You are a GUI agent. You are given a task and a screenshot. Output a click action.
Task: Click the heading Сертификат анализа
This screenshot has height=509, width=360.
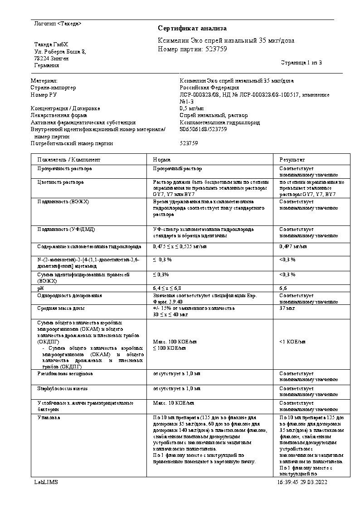(x=192, y=29)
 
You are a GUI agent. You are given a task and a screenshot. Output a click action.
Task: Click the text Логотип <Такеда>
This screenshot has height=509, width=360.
(x=58, y=23)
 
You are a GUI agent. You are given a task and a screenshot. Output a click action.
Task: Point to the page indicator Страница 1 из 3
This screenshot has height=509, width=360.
(x=301, y=62)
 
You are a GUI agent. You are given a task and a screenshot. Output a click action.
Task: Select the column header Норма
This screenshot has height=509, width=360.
(x=162, y=160)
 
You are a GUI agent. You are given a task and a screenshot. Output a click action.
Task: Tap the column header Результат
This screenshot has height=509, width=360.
(x=292, y=160)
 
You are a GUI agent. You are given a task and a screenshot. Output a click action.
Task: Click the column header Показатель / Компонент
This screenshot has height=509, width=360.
(x=69, y=160)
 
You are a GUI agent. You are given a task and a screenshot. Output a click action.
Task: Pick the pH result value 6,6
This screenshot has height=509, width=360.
(x=283, y=288)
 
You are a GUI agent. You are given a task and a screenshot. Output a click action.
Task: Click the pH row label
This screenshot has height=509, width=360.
(x=40, y=288)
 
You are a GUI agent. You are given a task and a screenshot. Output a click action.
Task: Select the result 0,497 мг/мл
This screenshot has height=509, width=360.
(x=293, y=246)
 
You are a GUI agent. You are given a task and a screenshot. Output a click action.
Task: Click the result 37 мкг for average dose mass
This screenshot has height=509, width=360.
(x=287, y=308)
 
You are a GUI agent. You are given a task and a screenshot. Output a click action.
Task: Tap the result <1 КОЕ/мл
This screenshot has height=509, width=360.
(x=292, y=342)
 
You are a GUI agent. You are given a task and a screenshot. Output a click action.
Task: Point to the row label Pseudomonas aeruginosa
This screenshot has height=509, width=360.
(x=65, y=373)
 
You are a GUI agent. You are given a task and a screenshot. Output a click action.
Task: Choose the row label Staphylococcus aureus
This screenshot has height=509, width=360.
(x=63, y=389)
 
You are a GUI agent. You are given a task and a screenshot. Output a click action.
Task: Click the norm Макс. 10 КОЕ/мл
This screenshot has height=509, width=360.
(x=174, y=403)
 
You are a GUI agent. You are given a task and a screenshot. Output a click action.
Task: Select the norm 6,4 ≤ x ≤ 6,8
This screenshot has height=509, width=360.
(x=167, y=288)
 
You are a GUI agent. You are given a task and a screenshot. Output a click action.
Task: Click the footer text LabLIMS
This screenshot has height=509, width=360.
(x=46, y=482)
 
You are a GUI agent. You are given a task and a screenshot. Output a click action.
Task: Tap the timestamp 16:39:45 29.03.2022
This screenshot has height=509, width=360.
(x=302, y=482)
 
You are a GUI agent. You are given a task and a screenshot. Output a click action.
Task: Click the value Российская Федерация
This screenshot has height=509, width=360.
(x=209, y=88)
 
